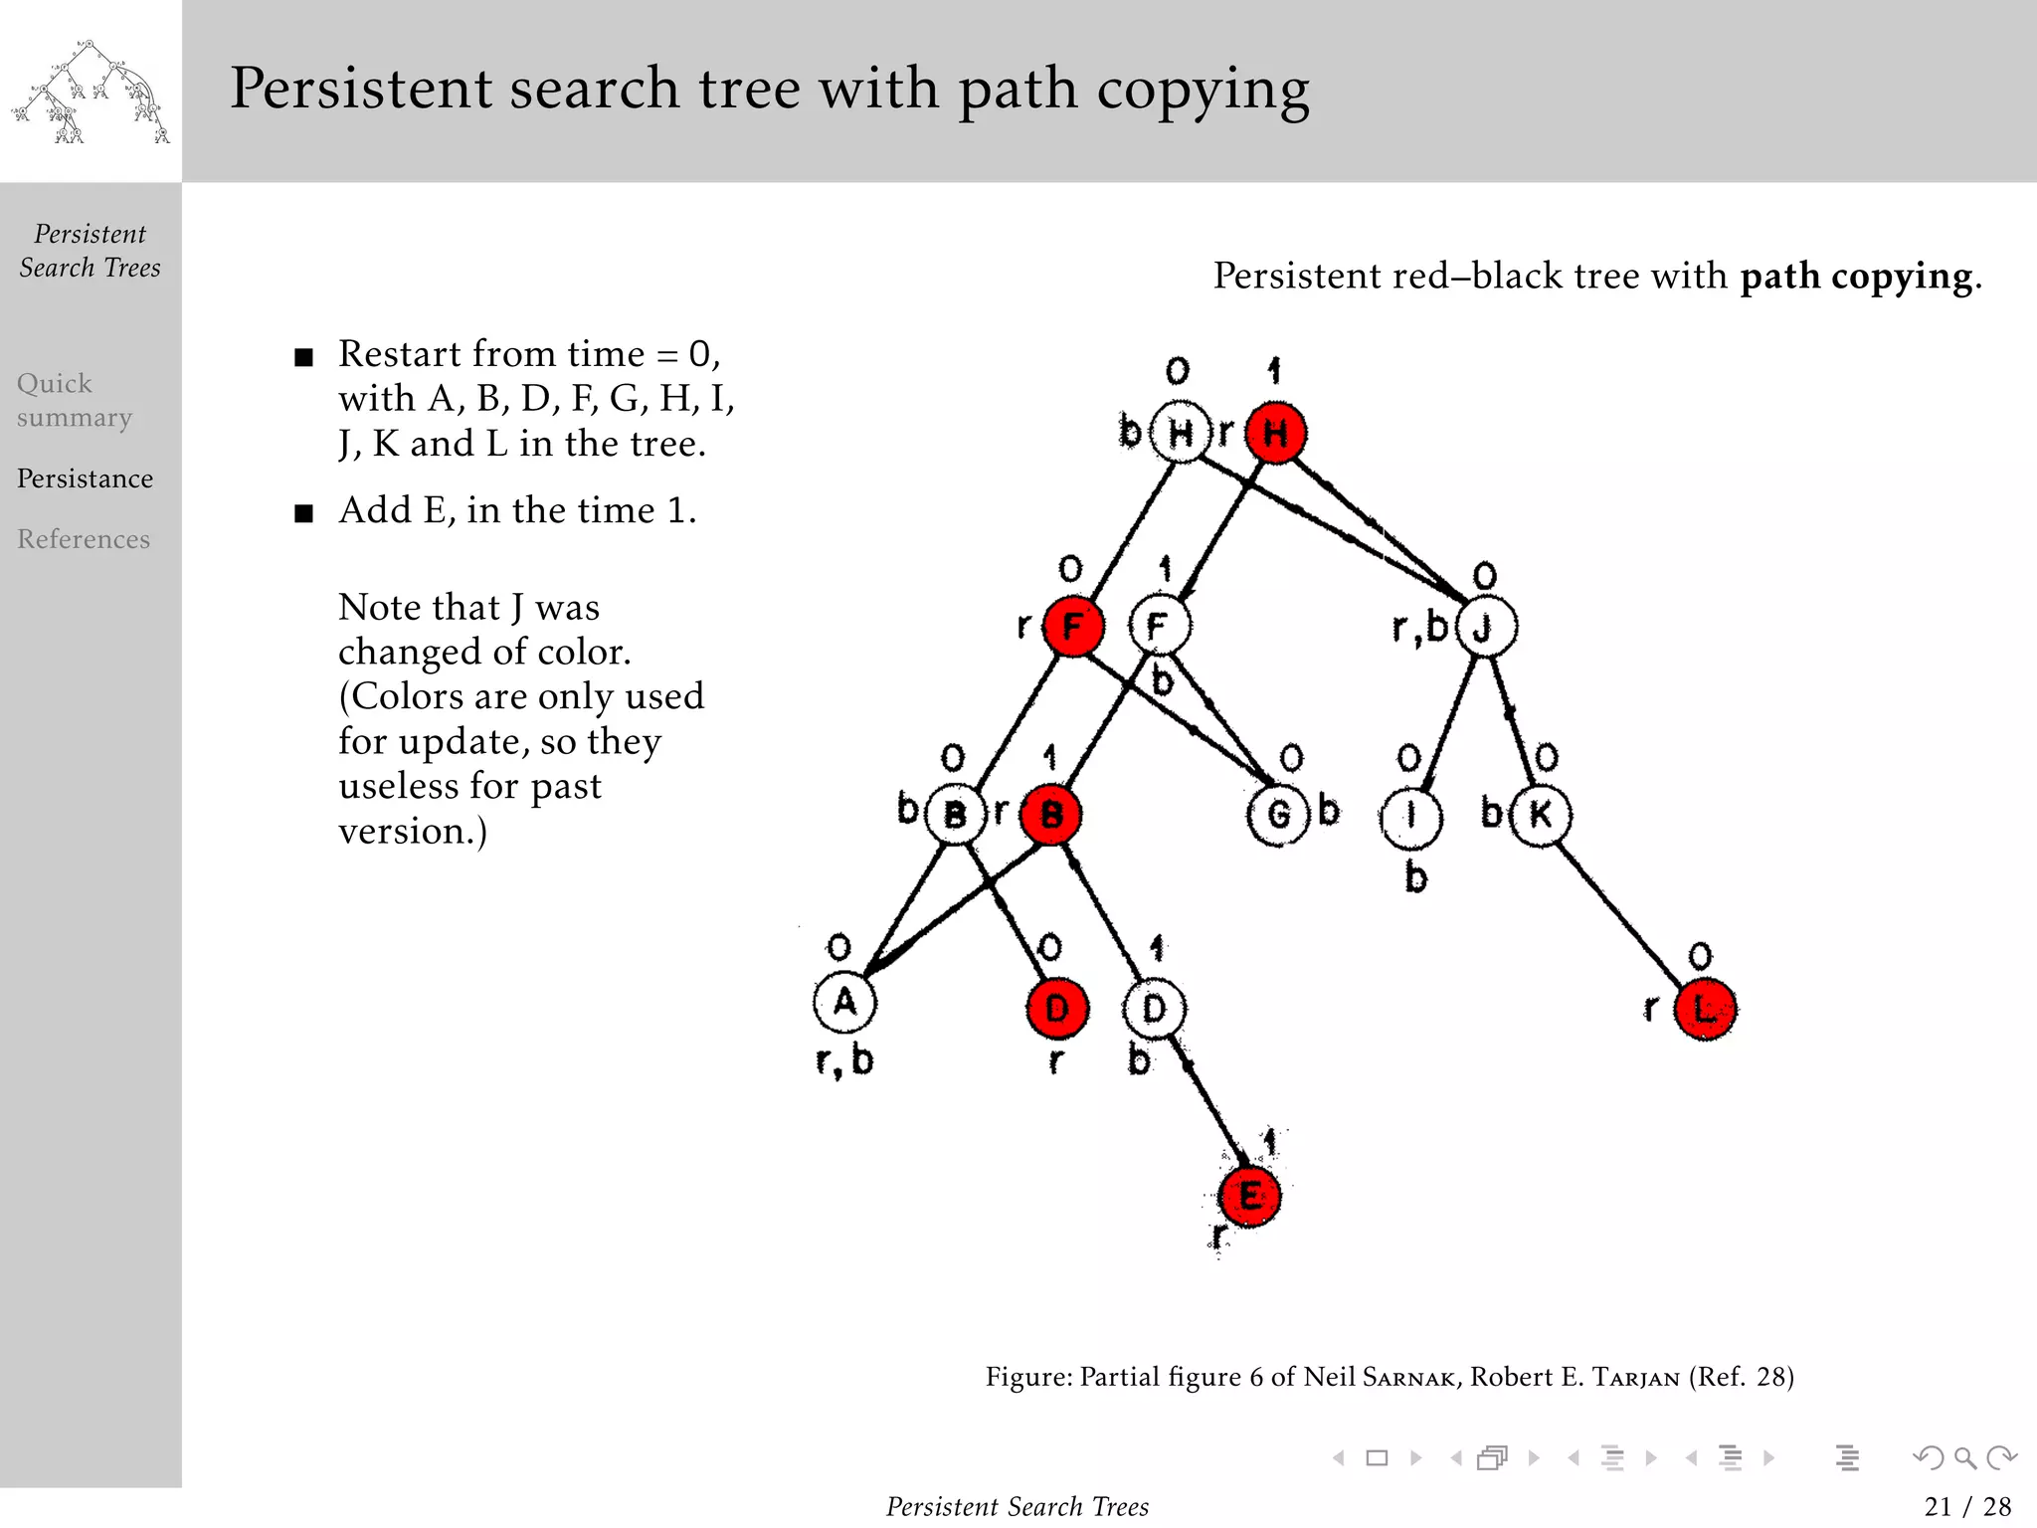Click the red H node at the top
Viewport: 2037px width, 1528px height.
(1276, 433)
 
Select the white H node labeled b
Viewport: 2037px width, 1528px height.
(1181, 433)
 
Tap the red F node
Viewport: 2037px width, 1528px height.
(1072, 627)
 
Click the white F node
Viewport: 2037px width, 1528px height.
(1159, 626)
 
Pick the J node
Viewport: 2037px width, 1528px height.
(1485, 627)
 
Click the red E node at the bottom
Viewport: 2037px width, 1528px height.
(1249, 1196)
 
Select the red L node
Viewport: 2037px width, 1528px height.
(1705, 1010)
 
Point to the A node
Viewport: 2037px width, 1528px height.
(844, 1002)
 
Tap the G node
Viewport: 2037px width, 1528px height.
(1278, 815)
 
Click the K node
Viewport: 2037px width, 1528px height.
(1540, 815)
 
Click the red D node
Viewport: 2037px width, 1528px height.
(1057, 1008)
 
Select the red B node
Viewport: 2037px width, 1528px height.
(1051, 815)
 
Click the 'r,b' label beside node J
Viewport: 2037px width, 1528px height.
(1419, 627)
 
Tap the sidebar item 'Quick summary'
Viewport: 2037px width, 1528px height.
(74, 400)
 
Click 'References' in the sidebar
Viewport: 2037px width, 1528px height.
(84, 539)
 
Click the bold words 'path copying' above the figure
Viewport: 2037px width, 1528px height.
(1856, 276)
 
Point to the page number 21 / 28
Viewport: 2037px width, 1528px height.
(1966, 1506)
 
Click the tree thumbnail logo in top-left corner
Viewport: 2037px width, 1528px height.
(90, 92)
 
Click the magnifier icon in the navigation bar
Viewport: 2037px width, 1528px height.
(1964, 1458)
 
